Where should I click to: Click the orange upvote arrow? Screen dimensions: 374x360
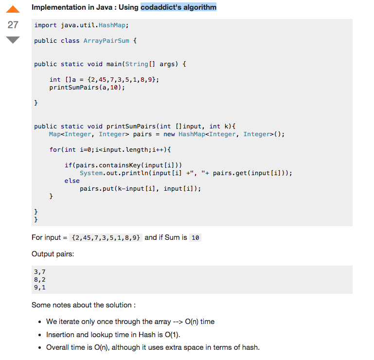[x=13, y=9]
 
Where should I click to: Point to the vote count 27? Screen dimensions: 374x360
[x=13, y=25]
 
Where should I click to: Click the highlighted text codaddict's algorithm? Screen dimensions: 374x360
[x=178, y=7]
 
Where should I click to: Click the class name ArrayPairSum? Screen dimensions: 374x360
[x=107, y=41]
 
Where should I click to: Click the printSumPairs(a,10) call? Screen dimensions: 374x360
[x=87, y=88]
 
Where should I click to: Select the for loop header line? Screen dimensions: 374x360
[x=110, y=149]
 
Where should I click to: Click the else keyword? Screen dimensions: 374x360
[x=72, y=180]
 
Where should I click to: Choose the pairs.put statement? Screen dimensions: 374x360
[x=140, y=188]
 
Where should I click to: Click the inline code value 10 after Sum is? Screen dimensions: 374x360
[x=196, y=238]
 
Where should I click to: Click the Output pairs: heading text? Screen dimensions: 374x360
[x=53, y=254]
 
